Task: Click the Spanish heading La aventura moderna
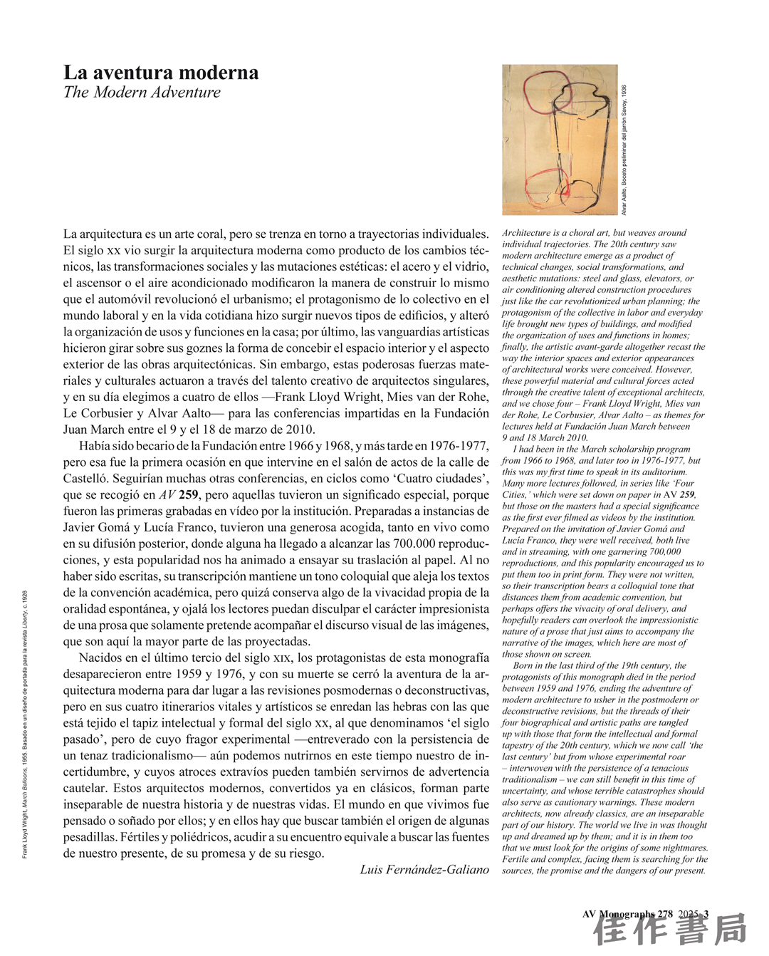(x=161, y=73)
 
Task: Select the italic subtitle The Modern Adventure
(x=142, y=93)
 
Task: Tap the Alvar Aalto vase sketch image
(x=559, y=140)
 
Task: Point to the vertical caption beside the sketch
(x=624, y=150)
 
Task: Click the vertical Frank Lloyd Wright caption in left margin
(x=26, y=723)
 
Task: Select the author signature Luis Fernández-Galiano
(x=424, y=870)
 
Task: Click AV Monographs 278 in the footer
(x=627, y=914)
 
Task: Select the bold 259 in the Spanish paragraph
(x=188, y=495)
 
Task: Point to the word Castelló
(x=88, y=479)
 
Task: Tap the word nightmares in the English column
(x=685, y=848)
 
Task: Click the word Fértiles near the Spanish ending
(x=140, y=837)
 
